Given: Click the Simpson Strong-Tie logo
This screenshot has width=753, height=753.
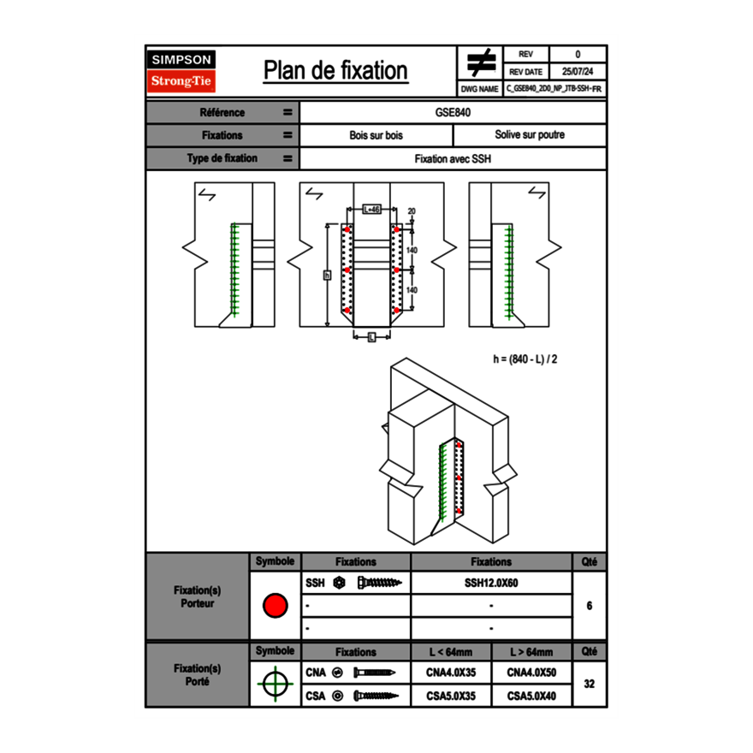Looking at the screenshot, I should pyautogui.click(x=182, y=71).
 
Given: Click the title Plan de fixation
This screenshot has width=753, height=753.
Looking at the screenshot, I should pyautogui.click(x=335, y=70).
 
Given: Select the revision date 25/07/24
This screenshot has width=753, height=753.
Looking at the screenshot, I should pyautogui.click(x=578, y=72).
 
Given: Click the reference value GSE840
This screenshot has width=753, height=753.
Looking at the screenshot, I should pyautogui.click(x=453, y=112).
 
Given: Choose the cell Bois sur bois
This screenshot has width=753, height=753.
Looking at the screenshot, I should pyautogui.click(x=376, y=135).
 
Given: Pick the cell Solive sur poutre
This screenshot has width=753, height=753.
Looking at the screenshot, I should pyautogui.click(x=529, y=135).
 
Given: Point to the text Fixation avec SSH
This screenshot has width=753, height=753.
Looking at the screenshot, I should pyautogui.click(x=453, y=158).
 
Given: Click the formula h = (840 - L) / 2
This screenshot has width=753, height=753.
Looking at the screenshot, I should pyautogui.click(x=525, y=359).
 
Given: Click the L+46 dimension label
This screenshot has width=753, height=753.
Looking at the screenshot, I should pyautogui.click(x=371, y=209).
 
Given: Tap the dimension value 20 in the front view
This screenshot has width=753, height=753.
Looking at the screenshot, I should pyautogui.click(x=412, y=210).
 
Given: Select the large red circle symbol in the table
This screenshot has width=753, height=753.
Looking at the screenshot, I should pyautogui.click(x=275, y=606).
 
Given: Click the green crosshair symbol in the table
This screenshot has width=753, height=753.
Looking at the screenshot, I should pyautogui.click(x=275, y=684).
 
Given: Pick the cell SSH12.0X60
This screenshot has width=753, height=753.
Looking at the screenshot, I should pyautogui.click(x=491, y=583).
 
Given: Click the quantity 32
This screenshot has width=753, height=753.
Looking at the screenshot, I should pyautogui.click(x=589, y=684).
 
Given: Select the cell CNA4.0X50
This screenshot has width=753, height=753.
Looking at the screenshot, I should pyautogui.click(x=531, y=673).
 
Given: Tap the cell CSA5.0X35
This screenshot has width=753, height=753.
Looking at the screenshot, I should pyautogui.click(x=451, y=696).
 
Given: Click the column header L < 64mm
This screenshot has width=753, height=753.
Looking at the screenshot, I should pyautogui.click(x=451, y=651).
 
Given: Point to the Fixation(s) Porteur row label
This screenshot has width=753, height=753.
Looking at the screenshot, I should pyautogui.click(x=197, y=596).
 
